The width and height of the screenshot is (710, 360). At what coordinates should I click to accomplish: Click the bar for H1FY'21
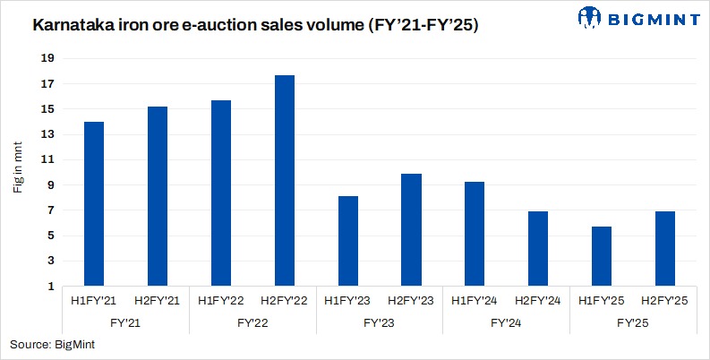tap(93, 204)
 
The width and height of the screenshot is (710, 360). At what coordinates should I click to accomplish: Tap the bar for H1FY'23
tap(347, 241)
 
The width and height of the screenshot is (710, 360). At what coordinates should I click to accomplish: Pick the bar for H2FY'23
tap(411, 230)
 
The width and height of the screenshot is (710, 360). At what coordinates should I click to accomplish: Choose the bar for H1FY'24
tap(475, 234)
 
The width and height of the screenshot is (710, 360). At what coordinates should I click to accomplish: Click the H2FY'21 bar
tap(157, 196)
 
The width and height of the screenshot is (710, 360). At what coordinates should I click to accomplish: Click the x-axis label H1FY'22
tap(220, 300)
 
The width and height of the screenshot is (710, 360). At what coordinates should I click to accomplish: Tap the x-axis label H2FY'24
tap(538, 300)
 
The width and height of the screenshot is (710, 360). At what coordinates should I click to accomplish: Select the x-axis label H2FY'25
tap(665, 300)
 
